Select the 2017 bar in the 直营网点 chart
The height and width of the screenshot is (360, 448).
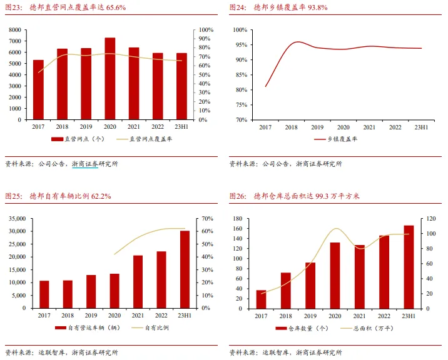point(39,90)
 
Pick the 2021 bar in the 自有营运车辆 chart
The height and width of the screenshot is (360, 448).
point(138,282)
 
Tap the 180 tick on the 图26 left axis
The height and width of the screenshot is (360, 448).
point(237,219)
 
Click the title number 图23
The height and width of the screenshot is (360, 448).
point(14,7)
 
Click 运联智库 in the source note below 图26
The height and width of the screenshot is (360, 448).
point(275,352)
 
